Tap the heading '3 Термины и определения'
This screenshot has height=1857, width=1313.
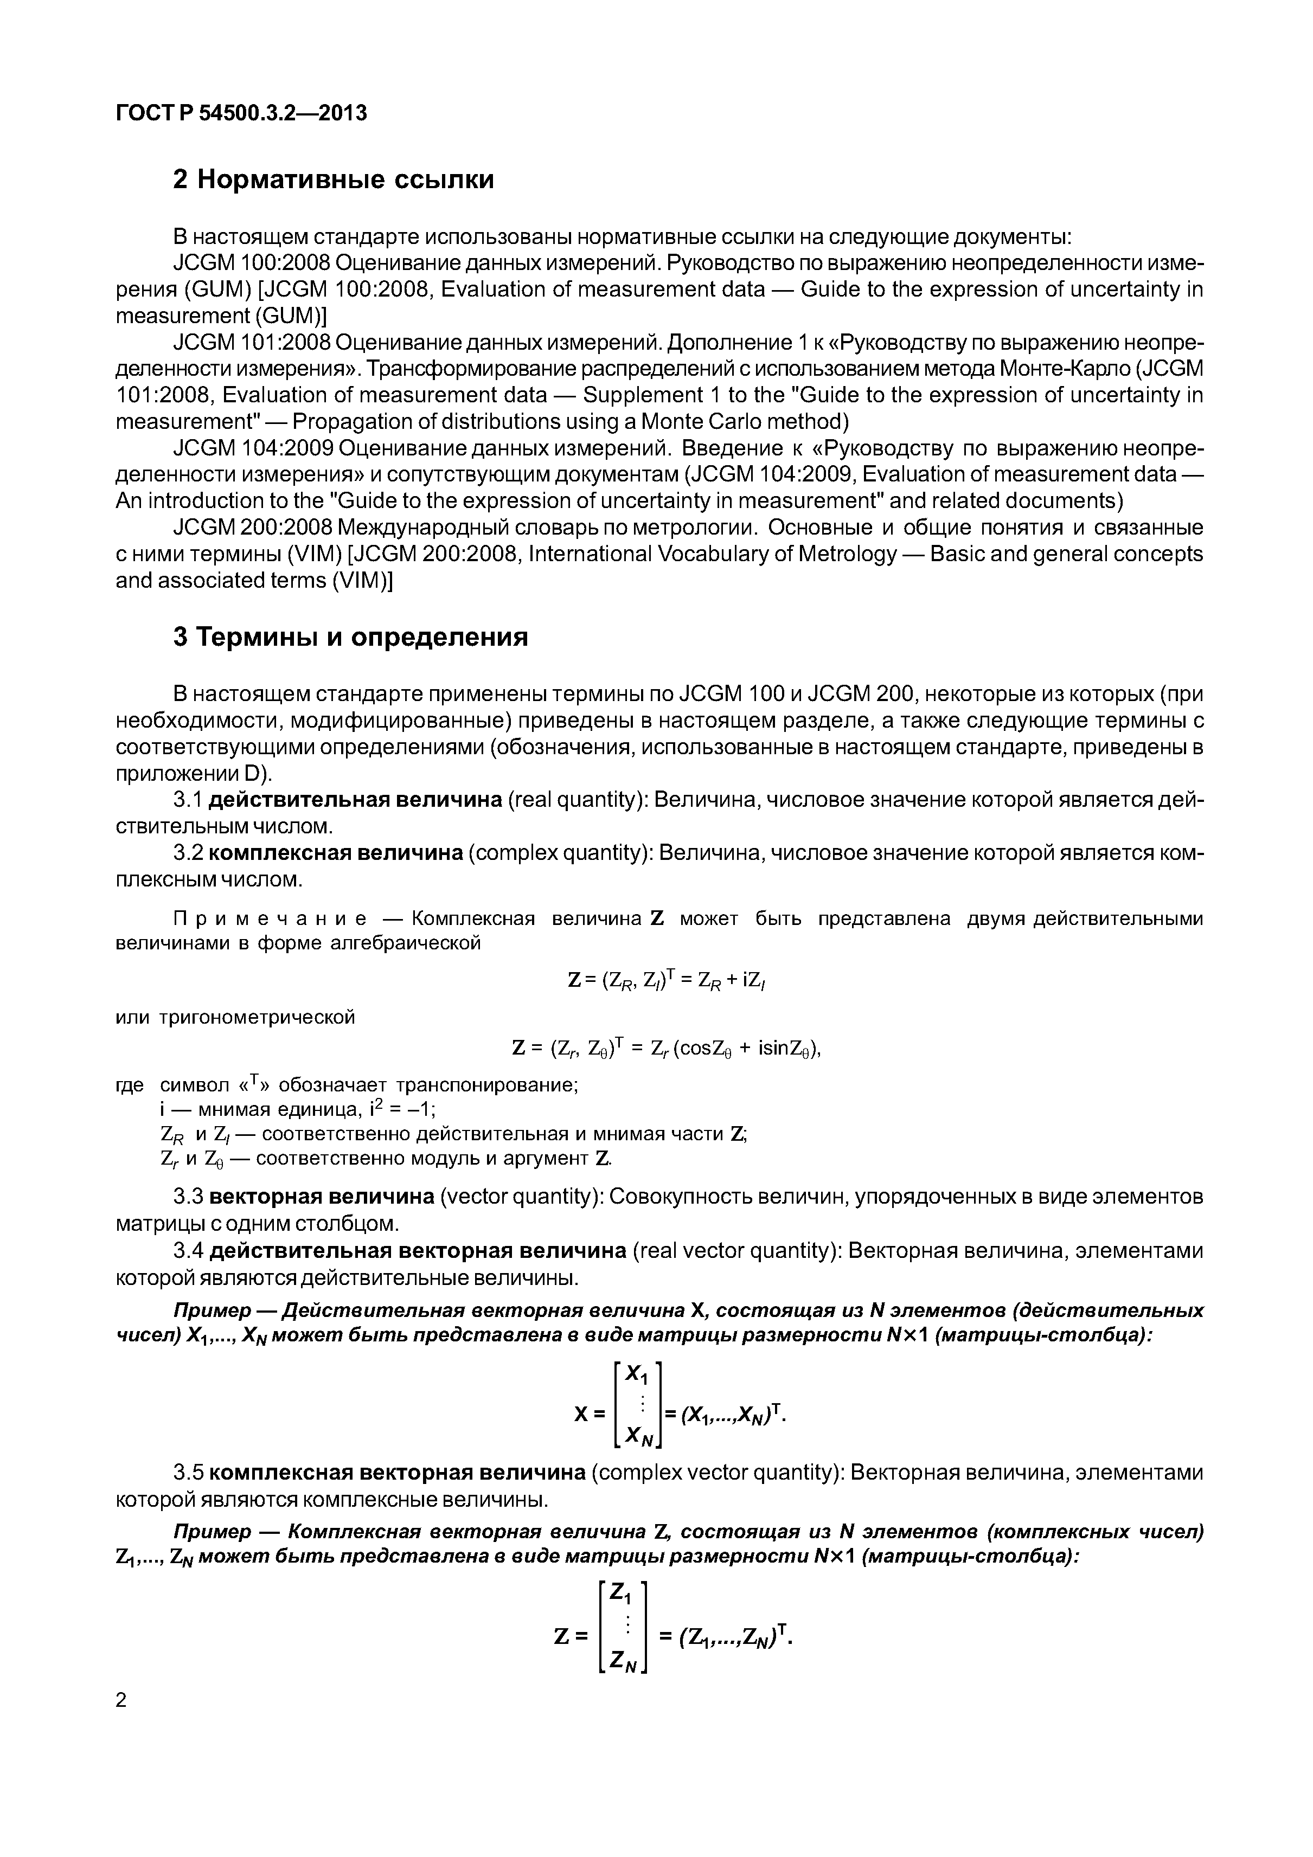pos(350,637)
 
